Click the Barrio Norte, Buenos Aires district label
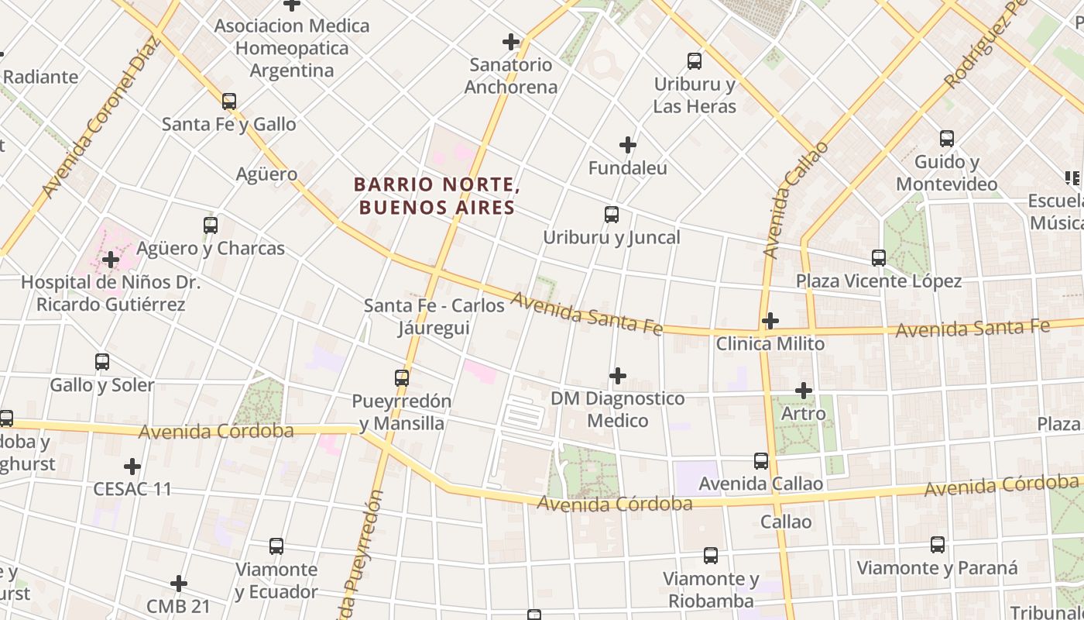coord(434,196)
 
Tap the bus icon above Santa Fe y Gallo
coord(228,102)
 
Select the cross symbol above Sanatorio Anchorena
coord(511,42)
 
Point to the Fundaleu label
coord(627,168)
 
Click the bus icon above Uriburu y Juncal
coord(612,215)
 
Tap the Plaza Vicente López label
coord(879,281)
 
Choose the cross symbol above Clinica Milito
coord(770,321)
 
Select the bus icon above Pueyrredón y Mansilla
coord(401,378)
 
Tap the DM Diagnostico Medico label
coord(617,409)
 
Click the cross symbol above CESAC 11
coord(132,467)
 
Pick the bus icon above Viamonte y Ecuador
coord(276,546)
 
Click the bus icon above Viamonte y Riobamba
coord(711,556)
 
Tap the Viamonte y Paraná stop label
coord(937,568)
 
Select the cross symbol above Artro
coord(804,391)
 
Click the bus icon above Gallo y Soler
coord(102,362)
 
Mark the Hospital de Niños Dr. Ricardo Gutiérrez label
coord(111,294)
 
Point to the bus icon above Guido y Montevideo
coord(947,139)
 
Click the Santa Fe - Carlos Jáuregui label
coord(434,316)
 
